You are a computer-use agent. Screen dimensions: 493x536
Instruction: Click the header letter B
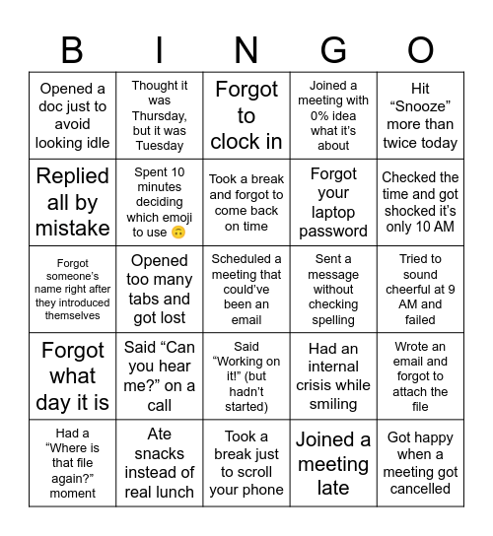coord(72,49)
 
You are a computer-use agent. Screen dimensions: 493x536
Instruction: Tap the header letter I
coord(160,49)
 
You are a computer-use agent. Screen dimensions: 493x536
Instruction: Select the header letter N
coord(246,49)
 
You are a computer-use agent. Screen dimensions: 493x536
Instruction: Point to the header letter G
coord(333,49)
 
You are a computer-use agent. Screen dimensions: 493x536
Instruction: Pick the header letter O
coord(421,49)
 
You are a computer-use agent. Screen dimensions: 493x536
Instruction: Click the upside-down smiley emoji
coord(178,233)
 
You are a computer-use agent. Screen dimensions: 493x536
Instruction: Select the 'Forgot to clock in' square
coord(246,115)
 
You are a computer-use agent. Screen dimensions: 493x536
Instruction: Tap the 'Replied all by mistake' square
coord(72,202)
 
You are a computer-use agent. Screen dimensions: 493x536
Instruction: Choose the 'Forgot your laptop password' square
coord(333,202)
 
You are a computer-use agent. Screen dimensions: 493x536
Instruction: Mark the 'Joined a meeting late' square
coord(333,463)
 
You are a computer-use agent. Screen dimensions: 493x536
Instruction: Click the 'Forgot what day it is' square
coord(72,376)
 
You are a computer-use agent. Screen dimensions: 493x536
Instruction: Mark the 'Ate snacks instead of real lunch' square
coord(160,463)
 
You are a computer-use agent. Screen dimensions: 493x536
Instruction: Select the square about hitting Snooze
coord(421,115)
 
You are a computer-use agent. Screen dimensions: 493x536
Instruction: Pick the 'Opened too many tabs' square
coord(160,289)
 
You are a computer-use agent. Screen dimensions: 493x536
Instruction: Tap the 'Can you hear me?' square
coord(160,376)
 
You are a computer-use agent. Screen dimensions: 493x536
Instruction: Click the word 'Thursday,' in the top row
coord(160,115)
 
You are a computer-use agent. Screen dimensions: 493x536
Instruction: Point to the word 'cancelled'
coord(421,489)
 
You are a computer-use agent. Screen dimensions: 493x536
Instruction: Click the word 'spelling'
coord(333,320)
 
